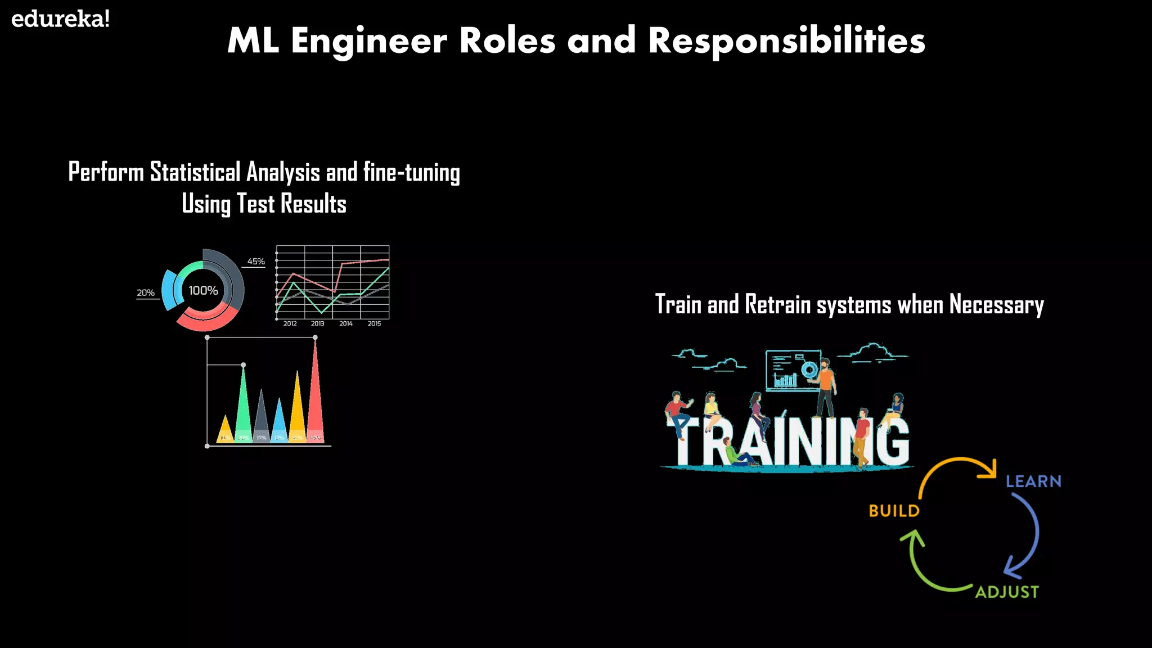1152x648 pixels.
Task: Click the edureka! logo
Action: tap(60, 19)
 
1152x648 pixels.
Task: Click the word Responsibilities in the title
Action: tap(786, 40)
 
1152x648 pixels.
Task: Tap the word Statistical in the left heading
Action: tap(195, 172)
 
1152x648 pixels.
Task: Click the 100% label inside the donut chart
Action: tap(203, 291)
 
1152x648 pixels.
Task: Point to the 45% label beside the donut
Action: tap(256, 262)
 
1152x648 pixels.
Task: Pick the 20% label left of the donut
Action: tap(146, 293)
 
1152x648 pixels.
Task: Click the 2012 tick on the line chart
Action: tap(290, 323)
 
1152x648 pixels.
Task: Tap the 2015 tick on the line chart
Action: tap(374, 323)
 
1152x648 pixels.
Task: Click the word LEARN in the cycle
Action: tap(1033, 481)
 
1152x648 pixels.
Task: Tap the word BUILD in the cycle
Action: tap(894, 511)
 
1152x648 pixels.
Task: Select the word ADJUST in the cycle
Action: tap(1007, 592)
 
